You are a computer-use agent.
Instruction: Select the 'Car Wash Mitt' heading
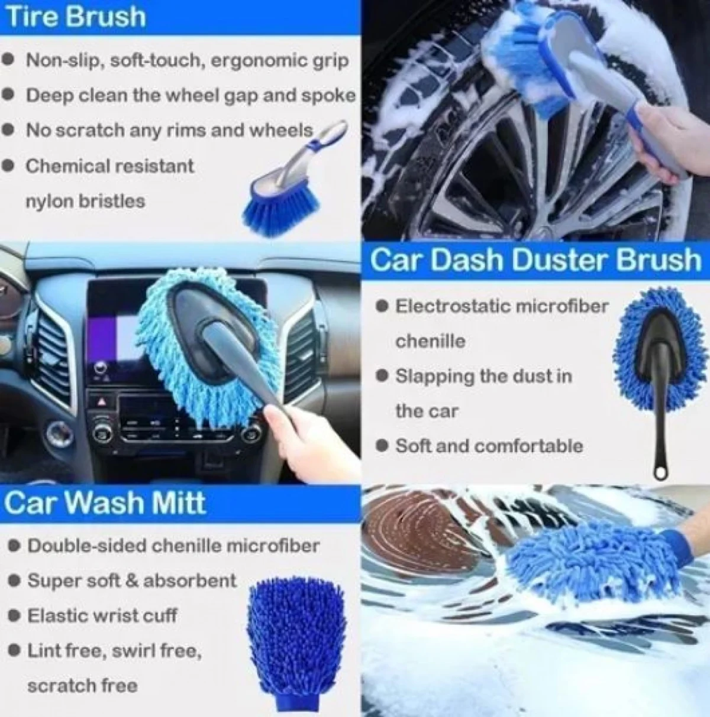[x=105, y=502]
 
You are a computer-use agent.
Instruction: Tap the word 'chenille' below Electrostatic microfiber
[x=430, y=341]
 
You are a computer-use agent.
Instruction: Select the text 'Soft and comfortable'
[x=489, y=446]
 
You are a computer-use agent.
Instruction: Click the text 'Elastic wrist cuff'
[x=102, y=615]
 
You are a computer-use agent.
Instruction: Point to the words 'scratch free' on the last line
[x=82, y=685]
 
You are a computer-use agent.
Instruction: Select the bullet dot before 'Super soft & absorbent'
[x=14, y=581]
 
